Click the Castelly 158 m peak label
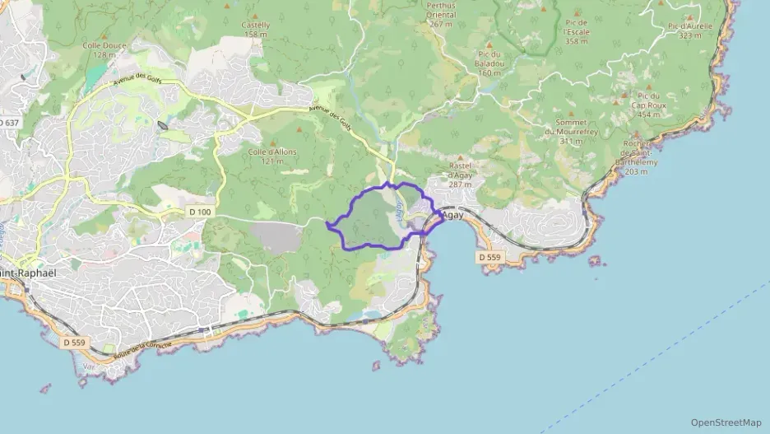tap(256, 30)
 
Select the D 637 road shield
tap(9, 123)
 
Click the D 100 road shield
tap(200, 212)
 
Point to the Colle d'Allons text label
tap(271, 156)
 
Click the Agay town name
tap(452, 215)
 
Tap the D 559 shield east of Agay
tap(489, 258)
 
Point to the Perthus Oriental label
tap(442, 14)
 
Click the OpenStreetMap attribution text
tap(726, 422)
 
